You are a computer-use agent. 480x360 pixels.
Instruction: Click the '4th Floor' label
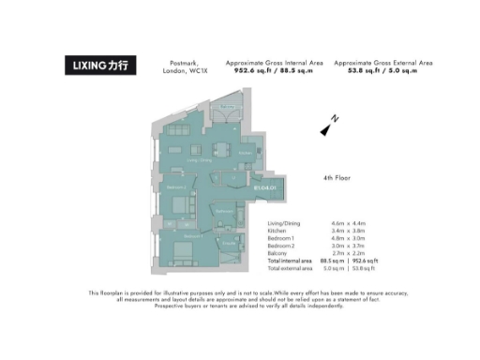(335, 177)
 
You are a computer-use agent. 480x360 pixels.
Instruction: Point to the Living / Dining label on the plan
(200, 160)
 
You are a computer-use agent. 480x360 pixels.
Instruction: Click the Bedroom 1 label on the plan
(192, 236)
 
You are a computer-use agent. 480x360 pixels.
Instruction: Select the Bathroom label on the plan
(223, 212)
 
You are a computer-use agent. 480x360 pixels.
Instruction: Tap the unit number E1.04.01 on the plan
(266, 187)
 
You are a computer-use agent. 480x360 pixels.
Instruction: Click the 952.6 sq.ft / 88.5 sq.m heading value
(271, 69)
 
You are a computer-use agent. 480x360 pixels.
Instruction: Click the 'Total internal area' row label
(289, 261)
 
